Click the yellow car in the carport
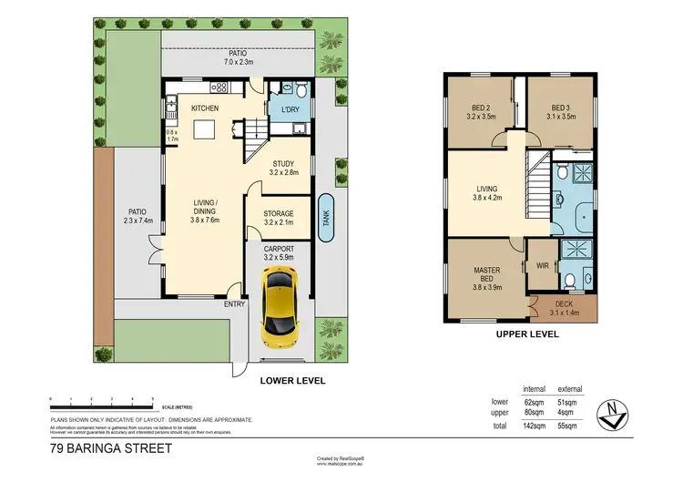coord(278,311)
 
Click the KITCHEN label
coord(204,109)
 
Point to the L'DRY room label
coord(290,111)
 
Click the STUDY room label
coord(284,164)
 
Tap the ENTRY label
coord(235,304)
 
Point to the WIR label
coord(543,267)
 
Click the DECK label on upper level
coord(565,304)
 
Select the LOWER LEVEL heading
coord(292,381)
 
